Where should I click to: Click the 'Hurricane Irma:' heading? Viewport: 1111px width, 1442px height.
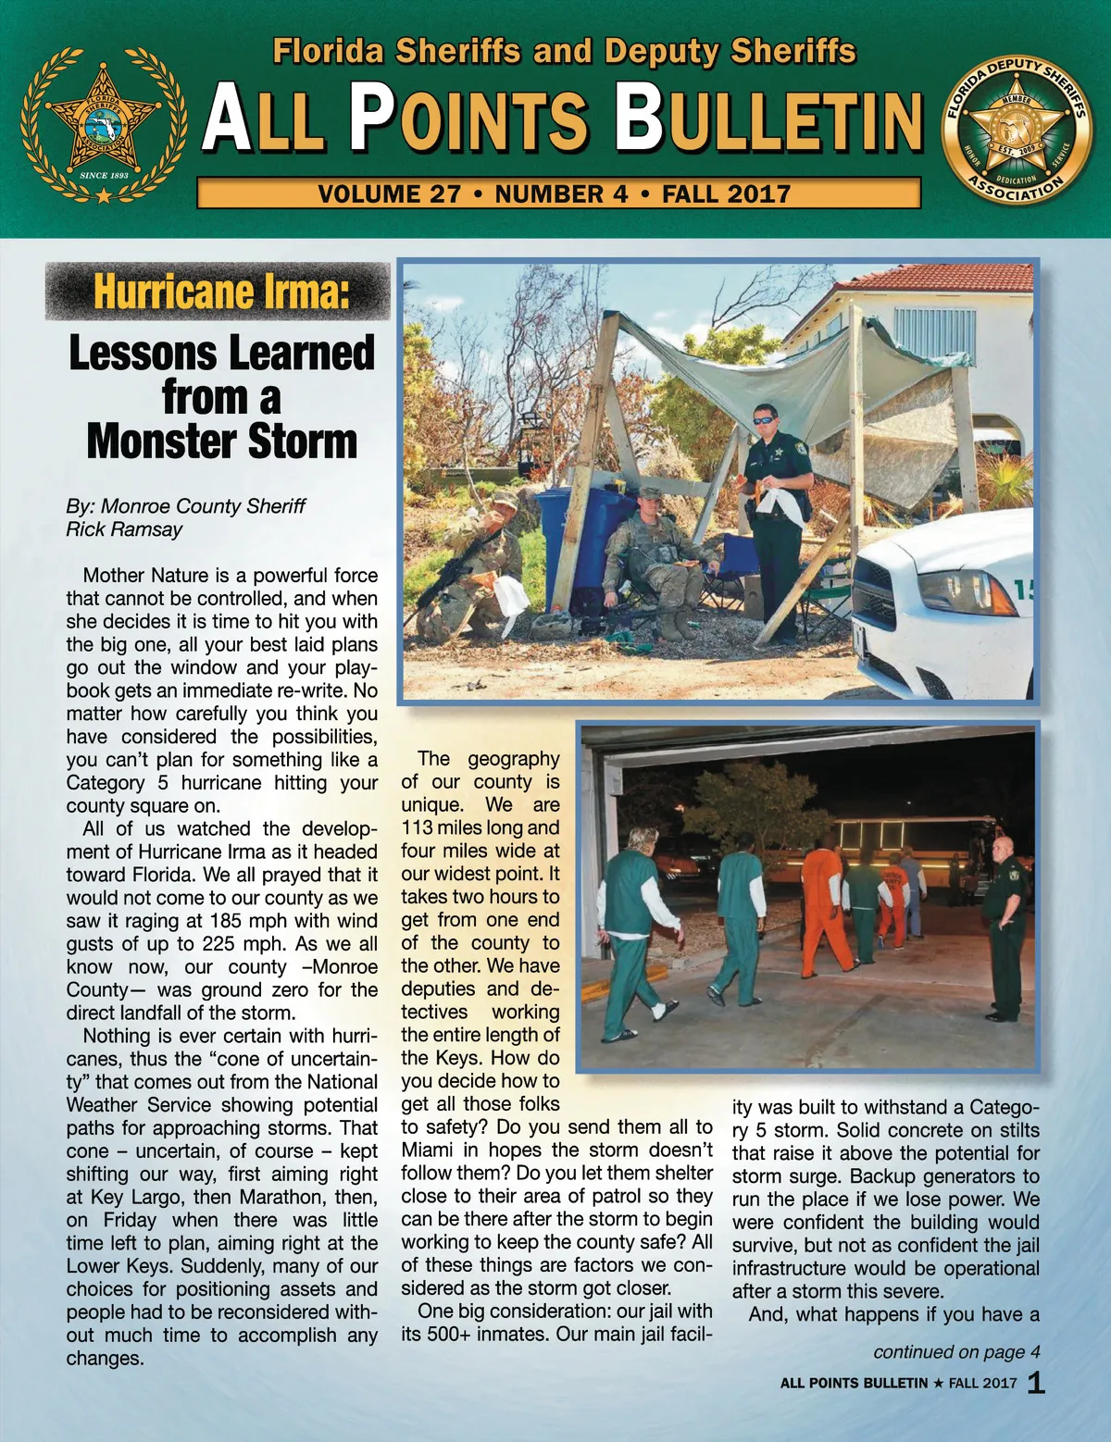220,292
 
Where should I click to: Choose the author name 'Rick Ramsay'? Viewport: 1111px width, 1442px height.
124,529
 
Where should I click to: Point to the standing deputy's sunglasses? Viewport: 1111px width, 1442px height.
765,419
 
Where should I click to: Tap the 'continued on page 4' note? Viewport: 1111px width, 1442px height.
955,1352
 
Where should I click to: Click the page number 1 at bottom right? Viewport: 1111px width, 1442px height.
1036,1383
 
